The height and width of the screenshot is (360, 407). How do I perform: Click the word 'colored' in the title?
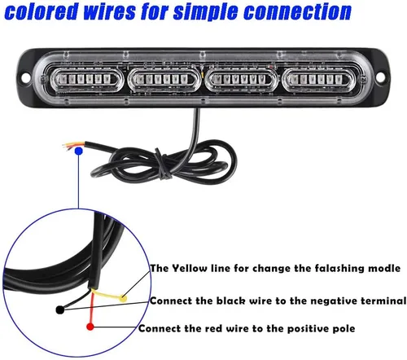(42, 11)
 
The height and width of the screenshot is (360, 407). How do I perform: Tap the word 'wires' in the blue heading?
(109, 11)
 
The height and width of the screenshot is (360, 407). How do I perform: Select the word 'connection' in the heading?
(297, 11)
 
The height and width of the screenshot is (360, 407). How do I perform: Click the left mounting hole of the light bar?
(26, 77)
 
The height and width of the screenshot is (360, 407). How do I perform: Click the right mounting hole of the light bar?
(380, 77)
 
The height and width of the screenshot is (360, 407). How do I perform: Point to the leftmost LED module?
(85, 79)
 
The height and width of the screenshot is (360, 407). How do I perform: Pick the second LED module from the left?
(162, 79)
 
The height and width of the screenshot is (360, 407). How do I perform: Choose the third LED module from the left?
(239, 79)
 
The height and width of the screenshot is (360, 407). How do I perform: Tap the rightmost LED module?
(317, 79)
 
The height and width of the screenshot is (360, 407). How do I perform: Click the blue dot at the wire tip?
(79, 151)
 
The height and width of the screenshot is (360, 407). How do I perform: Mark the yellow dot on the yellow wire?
(123, 299)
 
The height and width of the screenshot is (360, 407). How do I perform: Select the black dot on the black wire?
(60, 310)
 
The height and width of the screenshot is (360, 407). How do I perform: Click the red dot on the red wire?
(90, 327)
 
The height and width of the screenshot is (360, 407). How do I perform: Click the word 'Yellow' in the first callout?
(190, 268)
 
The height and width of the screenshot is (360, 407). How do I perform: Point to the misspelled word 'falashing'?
(339, 269)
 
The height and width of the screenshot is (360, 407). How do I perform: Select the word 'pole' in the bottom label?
(344, 328)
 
